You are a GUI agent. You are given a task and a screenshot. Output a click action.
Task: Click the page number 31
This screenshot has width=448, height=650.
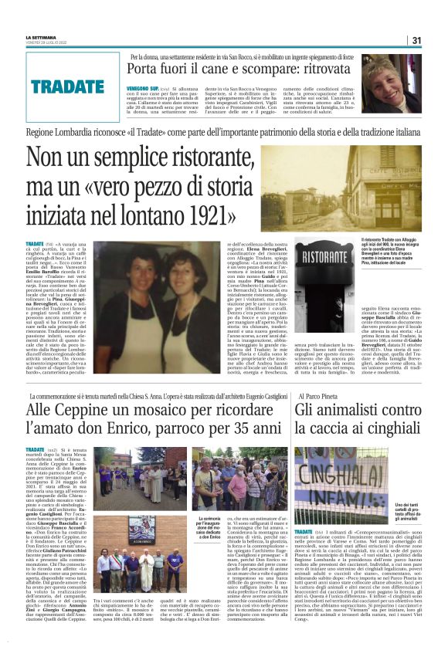[x=416, y=40]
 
